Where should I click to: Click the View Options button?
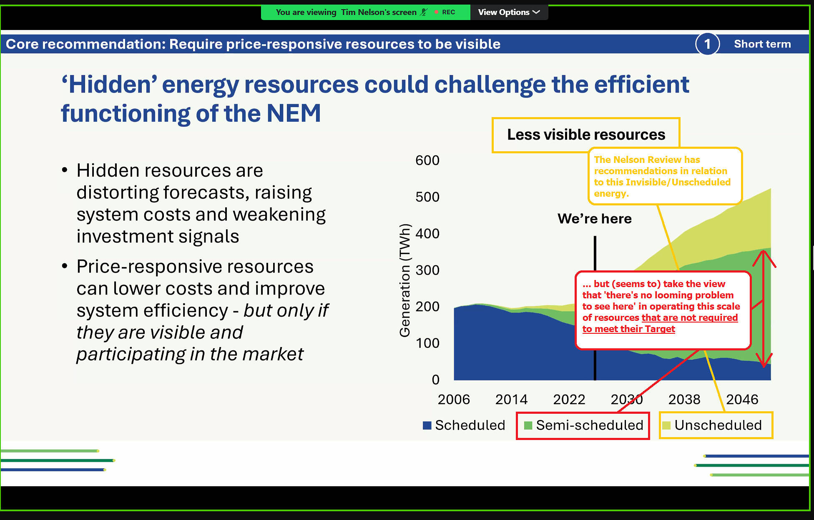point(509,12)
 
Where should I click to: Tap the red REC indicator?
point(445,12)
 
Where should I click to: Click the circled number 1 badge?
point(707,44)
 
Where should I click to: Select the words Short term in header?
point(762,44)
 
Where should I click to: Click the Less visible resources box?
point(586,135)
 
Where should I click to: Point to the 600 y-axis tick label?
point(427,160)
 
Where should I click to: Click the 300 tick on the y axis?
point(427,270)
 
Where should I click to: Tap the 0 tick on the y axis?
point(435,380)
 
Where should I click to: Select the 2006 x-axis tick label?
point(454,400)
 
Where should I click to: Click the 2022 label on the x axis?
point(569,400)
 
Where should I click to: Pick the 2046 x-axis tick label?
point(742,400)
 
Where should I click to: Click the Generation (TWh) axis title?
point(405,280)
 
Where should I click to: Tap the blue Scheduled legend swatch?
point(427,425)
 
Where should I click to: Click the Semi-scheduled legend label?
point(590,425)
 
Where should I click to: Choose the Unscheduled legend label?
point(718,425)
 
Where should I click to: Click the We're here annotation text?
point(595,219)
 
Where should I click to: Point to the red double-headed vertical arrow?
point(764,308)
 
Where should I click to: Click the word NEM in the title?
point(294,113)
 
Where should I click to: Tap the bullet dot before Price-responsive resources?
point(65,266)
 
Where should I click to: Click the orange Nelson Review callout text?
point(662,176)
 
